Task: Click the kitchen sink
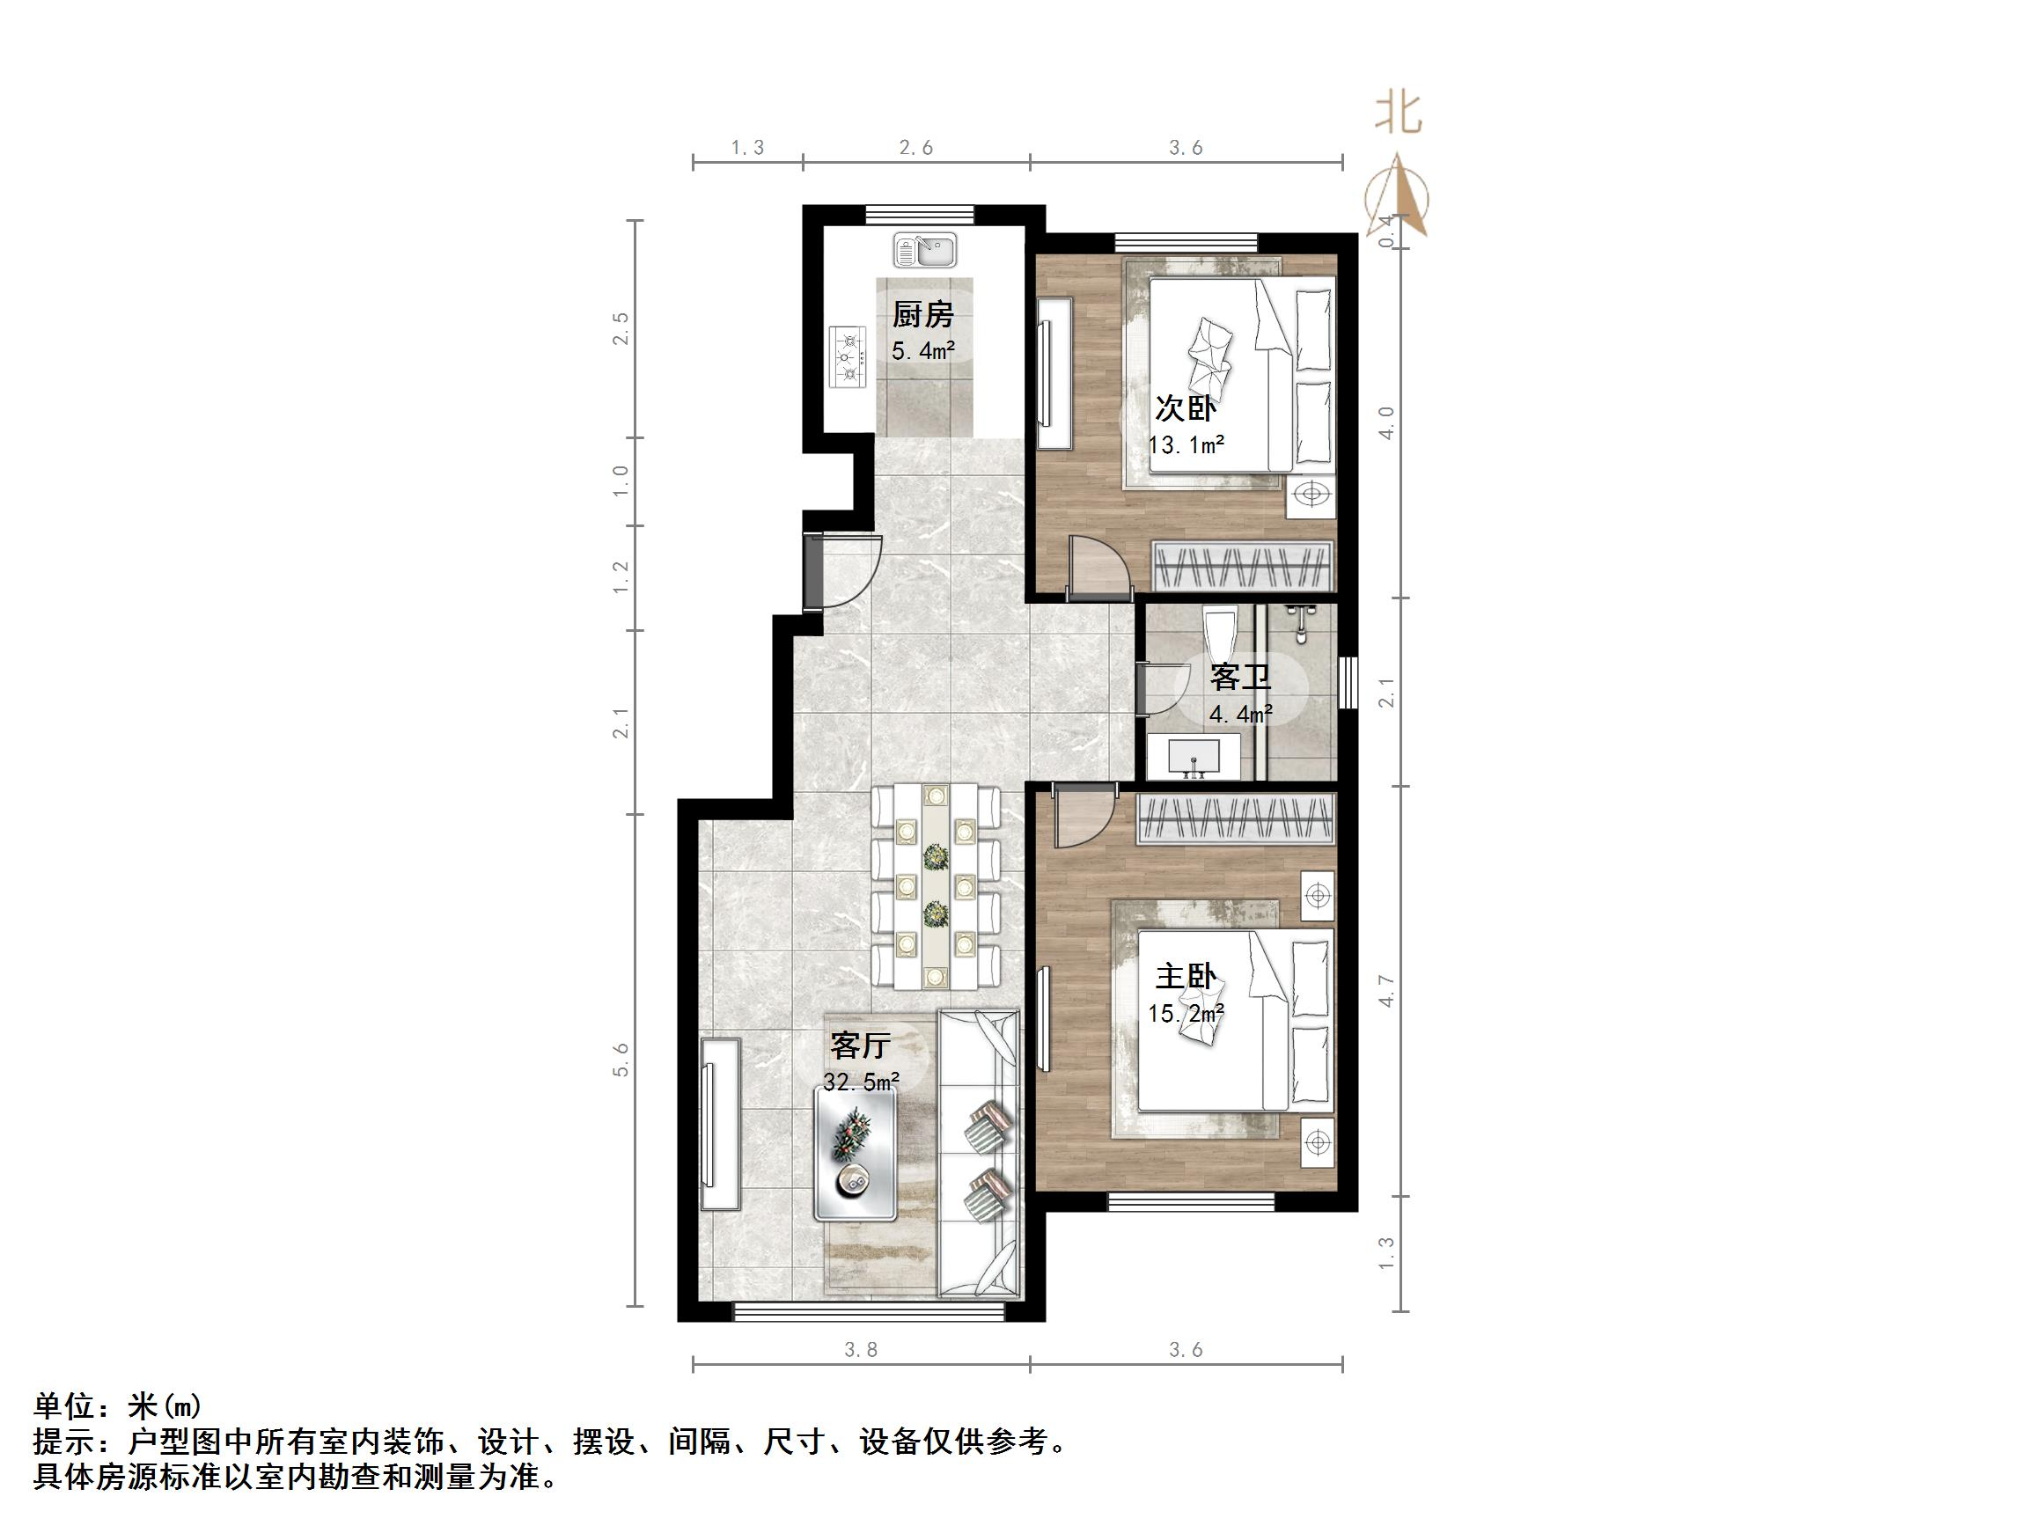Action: (x=924, y=249)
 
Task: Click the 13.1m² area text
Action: (x=1186, y=446)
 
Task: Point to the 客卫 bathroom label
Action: (x=1240, y=678)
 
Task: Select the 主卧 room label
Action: (x=1186, y=977)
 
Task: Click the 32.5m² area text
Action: (x=861, y=1082)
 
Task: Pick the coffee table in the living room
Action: (x=855, y=1153)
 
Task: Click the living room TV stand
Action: (x=719, y=1124)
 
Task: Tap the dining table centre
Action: (x=937, y=887)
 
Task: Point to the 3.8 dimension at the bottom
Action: (x=861, y=1349)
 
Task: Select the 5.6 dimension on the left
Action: (x=622, y=1059)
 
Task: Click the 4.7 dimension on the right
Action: (x=1386, y=990)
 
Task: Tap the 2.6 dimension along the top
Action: (x=916, y=147)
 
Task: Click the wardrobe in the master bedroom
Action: (x=1235, y=819)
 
